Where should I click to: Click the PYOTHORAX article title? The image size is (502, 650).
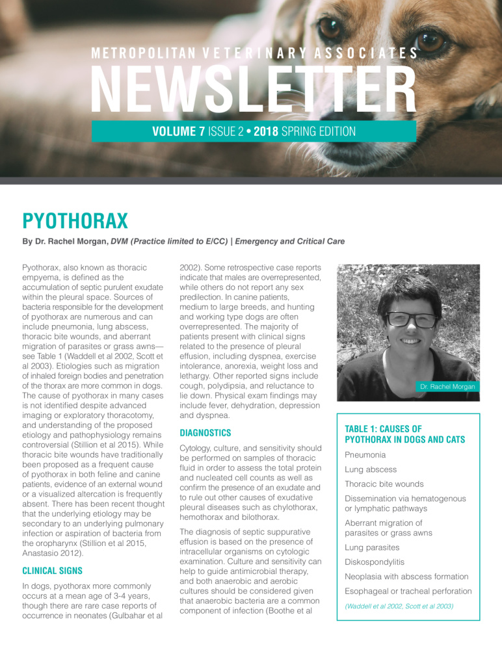[75, 221]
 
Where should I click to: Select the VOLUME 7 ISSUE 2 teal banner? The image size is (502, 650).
[254, 131]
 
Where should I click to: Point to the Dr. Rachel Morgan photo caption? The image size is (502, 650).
[447, 387]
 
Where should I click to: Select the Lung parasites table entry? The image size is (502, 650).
[371, 548]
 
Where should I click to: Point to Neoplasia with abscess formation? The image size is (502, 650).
[406, 577]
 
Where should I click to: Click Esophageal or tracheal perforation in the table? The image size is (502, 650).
[408, 591]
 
